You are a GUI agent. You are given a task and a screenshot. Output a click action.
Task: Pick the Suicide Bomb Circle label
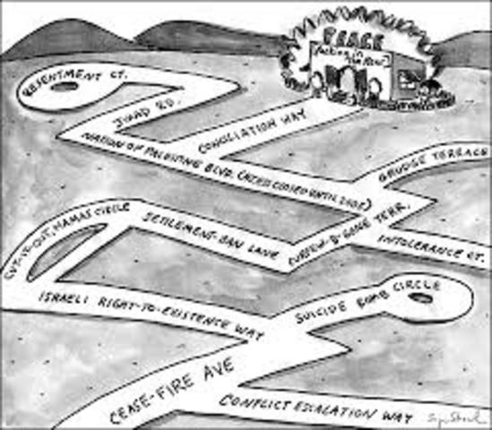367,301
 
